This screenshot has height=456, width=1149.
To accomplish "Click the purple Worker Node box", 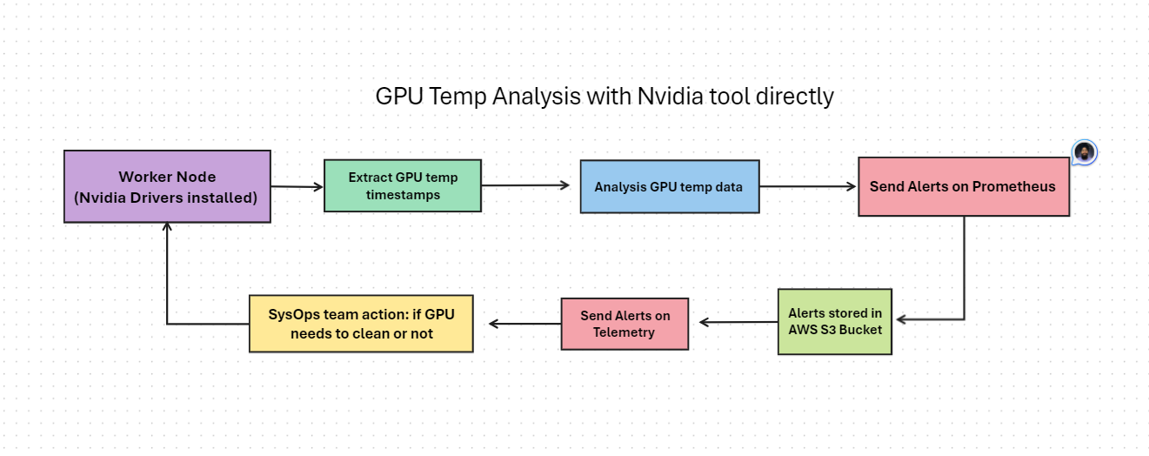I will pos(166,186).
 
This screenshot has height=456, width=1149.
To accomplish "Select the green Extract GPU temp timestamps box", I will pos(403,185).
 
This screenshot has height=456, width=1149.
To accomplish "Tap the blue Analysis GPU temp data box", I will pos(669,186).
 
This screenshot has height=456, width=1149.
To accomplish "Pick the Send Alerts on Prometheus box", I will pos(963,186).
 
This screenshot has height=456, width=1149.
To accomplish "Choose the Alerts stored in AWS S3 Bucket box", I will pos(834,321).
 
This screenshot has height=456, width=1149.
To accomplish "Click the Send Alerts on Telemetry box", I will pos(624,324).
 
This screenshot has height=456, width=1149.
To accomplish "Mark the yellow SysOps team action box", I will pos(361,324).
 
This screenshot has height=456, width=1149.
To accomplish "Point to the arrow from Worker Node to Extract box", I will pos(297,186).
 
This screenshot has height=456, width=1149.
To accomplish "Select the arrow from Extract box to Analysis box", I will pos(525,185).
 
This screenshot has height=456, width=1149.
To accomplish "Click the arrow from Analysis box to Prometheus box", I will pos(808,186).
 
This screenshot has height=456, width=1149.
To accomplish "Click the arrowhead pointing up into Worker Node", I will pos(166,229).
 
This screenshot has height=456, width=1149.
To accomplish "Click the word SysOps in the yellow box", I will pos(291,313).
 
